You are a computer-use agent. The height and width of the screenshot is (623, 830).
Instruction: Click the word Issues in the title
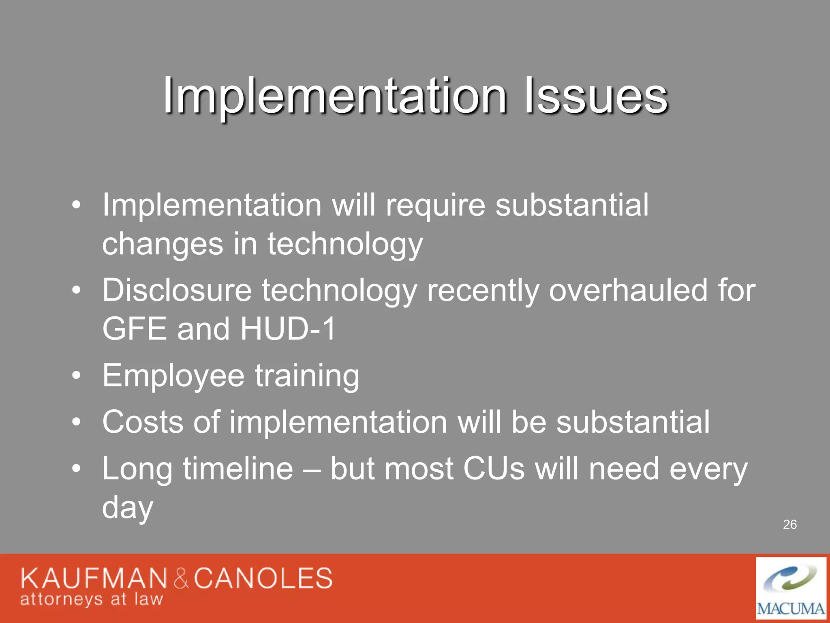596,97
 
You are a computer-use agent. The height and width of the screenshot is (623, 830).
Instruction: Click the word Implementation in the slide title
334,97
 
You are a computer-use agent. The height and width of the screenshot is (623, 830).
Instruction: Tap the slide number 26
790,524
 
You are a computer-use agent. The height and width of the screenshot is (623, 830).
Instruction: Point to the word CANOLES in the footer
263,578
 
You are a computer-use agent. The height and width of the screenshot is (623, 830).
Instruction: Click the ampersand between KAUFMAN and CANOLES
181,579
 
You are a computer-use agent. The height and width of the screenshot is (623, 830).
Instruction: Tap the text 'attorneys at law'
92,599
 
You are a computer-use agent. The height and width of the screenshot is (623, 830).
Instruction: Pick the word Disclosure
177,290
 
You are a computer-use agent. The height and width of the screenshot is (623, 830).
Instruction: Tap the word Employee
173,376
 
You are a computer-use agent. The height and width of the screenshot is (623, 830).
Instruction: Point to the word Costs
142,422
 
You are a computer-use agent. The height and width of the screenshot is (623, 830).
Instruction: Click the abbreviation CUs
494,469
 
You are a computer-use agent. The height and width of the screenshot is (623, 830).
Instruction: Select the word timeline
238,469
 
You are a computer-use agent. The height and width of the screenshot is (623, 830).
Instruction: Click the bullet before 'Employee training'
76,376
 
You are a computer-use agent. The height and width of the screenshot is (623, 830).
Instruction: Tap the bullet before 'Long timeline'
76,469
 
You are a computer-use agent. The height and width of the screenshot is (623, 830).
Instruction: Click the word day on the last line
128,507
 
